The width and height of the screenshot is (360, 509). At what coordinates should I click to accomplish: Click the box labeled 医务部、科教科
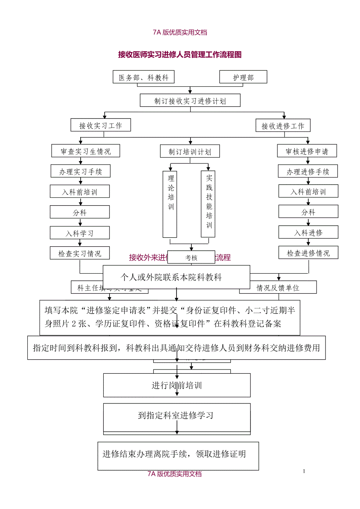(144, 77)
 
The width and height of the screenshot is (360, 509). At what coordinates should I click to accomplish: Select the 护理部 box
(243, 77)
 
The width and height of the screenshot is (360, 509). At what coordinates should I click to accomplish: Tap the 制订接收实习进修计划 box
(190, 101)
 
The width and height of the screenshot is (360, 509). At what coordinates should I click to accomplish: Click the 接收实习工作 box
(101, 125)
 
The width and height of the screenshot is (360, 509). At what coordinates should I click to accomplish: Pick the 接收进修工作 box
(283, 126)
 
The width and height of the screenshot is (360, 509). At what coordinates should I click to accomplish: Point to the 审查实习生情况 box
(86, 151)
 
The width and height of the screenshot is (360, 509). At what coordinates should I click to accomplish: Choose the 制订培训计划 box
(190, 152)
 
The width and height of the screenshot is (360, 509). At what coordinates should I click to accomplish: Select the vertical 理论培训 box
(170, 204)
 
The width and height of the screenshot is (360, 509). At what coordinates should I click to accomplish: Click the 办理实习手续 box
(80, 172)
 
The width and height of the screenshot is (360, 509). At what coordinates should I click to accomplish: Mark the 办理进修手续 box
(308, 172)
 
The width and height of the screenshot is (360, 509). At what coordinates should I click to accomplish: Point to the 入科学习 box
(80, 233)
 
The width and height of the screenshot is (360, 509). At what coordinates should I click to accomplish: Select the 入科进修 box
(308, 233)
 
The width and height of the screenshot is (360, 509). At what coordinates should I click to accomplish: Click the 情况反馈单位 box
(278, 288)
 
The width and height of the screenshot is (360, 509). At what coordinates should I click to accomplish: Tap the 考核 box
(191, 258)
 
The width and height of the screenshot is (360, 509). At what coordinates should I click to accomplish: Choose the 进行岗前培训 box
(177, 385)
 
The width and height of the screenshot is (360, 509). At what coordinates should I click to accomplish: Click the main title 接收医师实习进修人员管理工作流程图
(180, 55)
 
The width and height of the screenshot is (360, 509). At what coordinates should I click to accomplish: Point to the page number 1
(304, 471)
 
